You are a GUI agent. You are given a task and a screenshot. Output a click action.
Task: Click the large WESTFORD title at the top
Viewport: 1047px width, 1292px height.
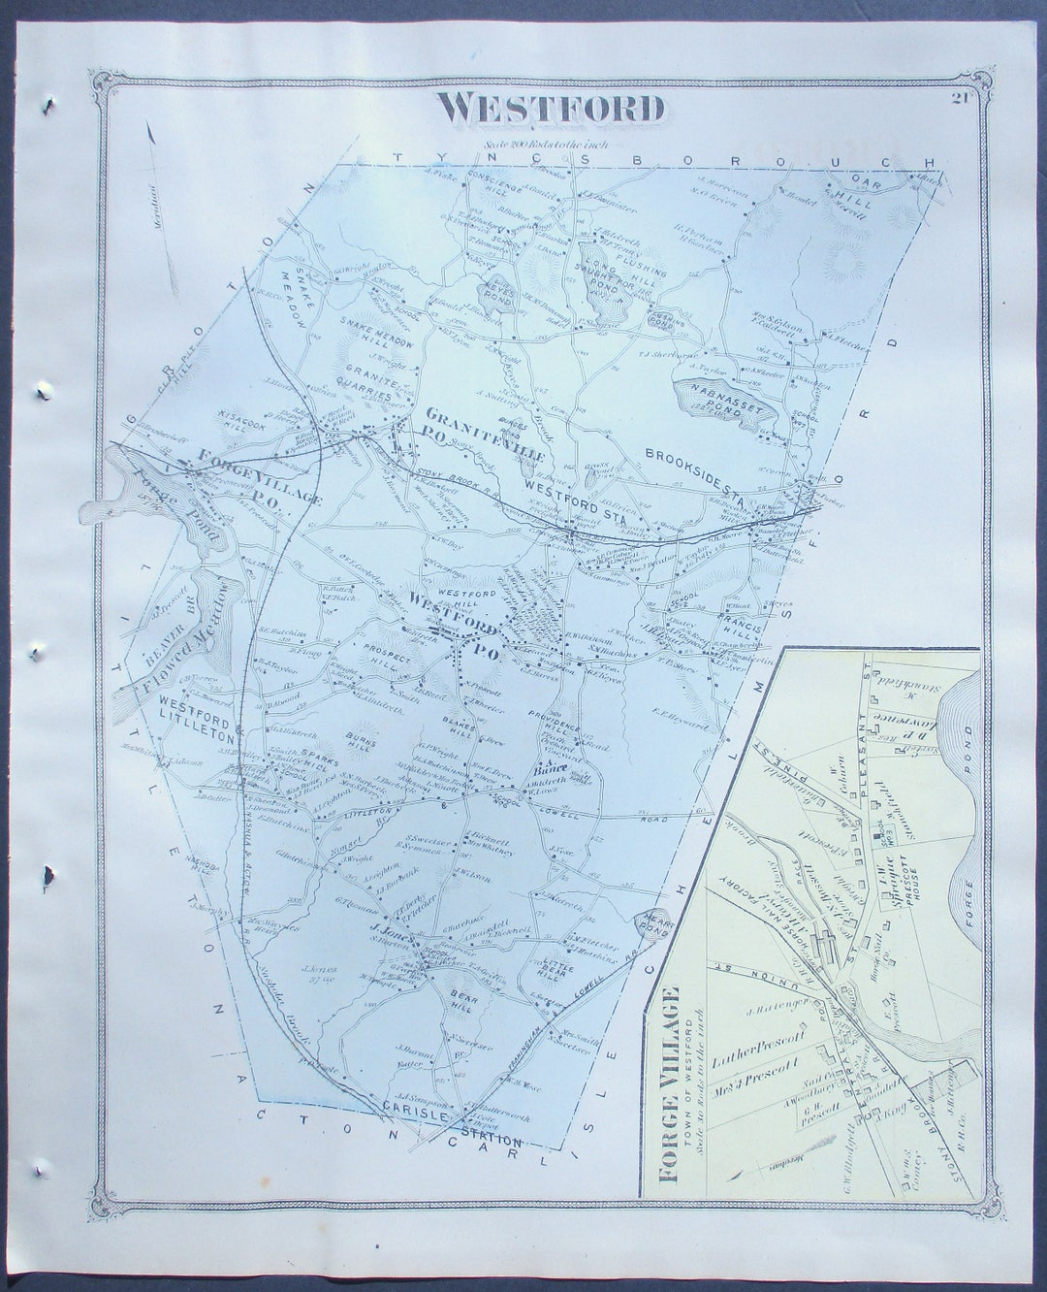[x=551, y=109]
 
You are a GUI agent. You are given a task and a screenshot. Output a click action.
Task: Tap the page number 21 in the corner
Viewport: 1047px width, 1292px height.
[x=961, y=96]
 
